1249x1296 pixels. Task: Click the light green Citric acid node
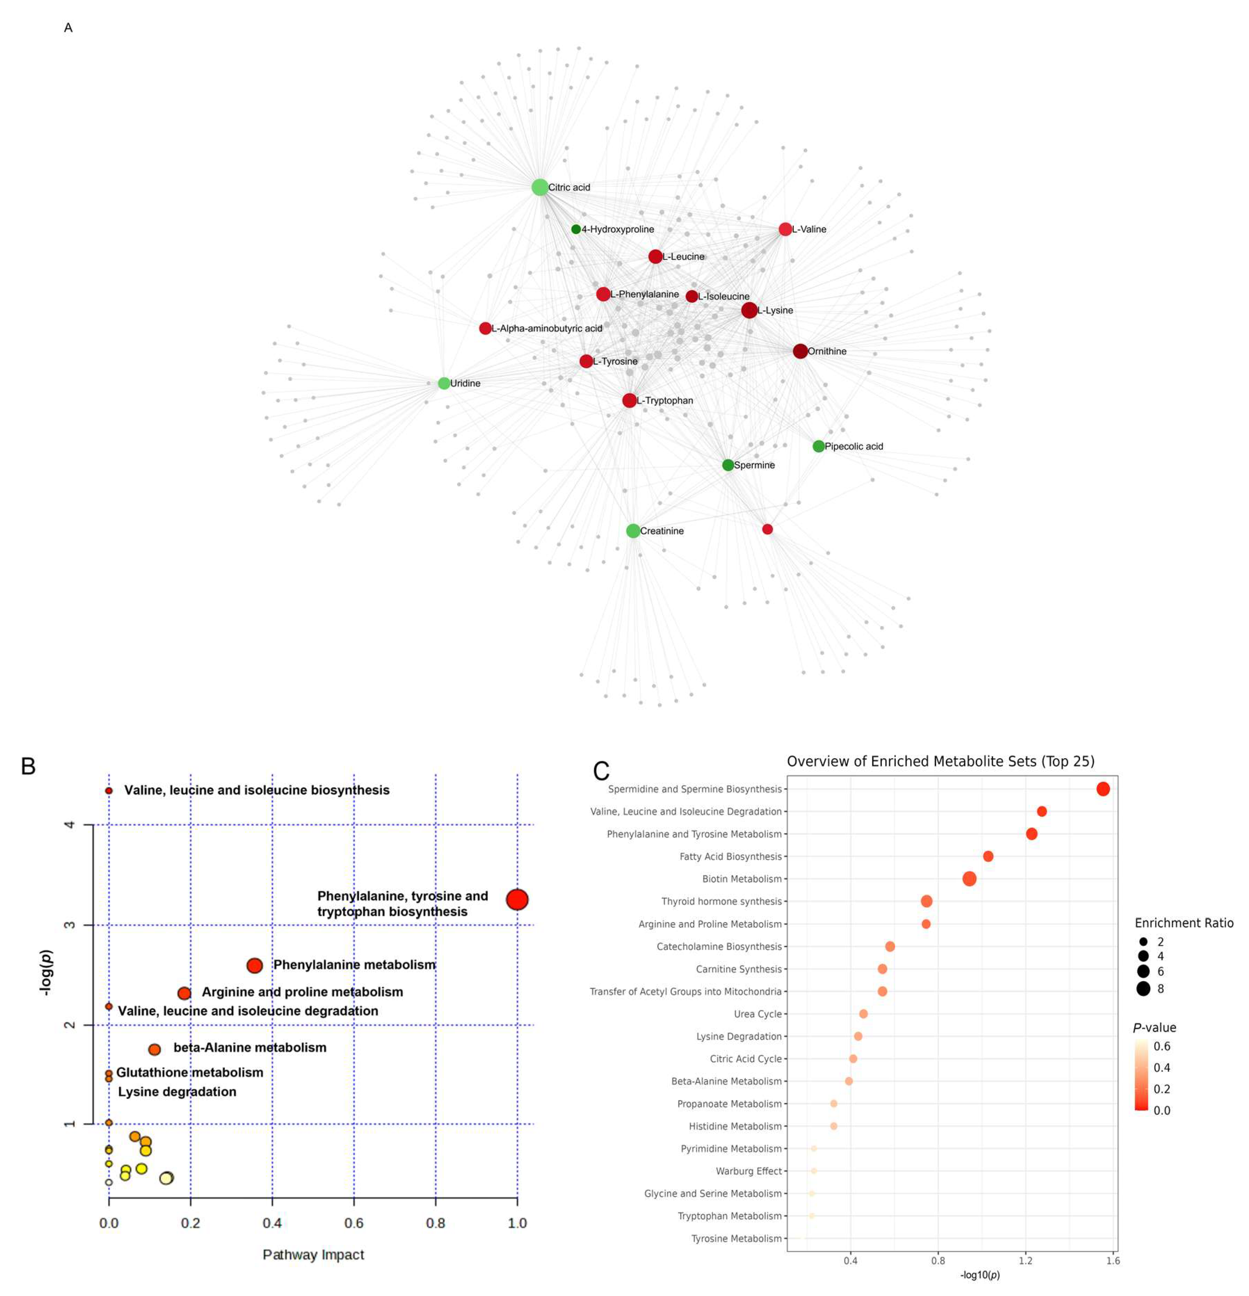(x=539, y=187)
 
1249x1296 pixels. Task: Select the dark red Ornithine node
(x=800, y=351)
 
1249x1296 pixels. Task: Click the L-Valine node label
(x=809, y=229)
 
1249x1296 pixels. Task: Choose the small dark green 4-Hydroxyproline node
(x=576, y=229)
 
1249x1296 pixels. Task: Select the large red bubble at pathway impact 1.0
(x=517, y=899)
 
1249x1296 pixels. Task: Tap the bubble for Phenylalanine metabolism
(x=254, y=965)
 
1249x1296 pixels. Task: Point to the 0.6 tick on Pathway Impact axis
(x=353, y=1223)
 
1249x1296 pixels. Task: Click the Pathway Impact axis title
(x=313, y=1254)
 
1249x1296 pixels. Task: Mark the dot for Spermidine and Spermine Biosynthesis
(x=1102, y=789)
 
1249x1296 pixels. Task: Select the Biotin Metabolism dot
(x=969, y=879)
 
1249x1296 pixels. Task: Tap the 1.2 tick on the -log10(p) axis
(x=1025, y=1260)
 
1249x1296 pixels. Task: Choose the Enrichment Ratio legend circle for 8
(x=1143, y=989)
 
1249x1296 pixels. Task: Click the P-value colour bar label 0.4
(x=1161, y=1067)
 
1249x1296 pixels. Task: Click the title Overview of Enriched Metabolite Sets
(x=940, y=761)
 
